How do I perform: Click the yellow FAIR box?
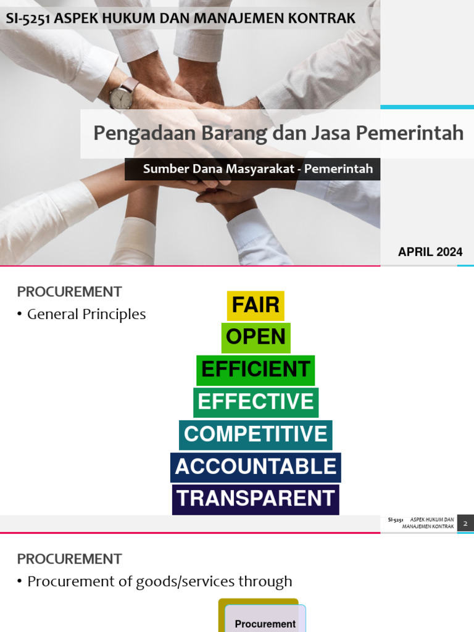pos(256,306)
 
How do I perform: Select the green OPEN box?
pos(256,338)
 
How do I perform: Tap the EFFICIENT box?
pos(256,370)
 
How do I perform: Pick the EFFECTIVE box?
pos(256,402)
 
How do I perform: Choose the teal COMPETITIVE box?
pos(256,434)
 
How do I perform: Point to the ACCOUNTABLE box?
pos(256,467)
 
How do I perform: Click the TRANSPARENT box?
pos(256,499)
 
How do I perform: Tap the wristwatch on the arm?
pos(122,96)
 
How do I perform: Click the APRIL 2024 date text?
pos(430,252)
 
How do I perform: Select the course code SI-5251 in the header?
pos(28,19)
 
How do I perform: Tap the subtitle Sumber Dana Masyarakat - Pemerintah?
pos(258,169)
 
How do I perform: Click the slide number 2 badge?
pos(465,523)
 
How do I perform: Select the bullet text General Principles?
pos(86,314)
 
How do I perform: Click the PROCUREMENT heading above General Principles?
pos(69,291)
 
